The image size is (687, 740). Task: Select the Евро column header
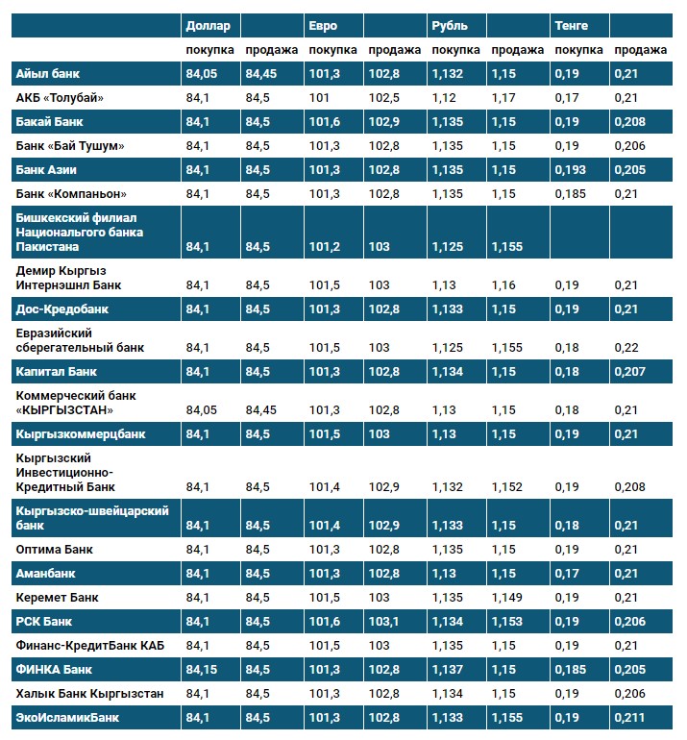click(323, 25)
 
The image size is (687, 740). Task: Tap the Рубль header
click(449, 25)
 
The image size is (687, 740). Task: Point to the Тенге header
click(571, 25)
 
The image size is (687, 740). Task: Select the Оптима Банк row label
click(54, 549)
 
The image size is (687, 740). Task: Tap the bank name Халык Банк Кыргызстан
click(89, 693)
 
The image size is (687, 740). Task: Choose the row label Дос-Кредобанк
click(61, 309)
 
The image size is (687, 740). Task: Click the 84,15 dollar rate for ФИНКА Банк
click(203, 669)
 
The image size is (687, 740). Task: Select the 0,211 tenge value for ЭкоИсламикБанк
click(629, 717)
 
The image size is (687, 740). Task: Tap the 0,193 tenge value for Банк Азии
click(571, 169)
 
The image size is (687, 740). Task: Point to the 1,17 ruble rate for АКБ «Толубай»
click(503, 97)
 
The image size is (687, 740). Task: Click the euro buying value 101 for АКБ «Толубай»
click(319, 97)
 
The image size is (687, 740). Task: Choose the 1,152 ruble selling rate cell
click(507, 487)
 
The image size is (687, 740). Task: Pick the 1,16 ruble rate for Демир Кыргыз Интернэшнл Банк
click(503, 285)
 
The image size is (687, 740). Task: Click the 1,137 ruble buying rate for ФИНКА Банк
click(448, 669)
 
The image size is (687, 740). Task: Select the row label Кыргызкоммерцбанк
click(81, 433)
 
